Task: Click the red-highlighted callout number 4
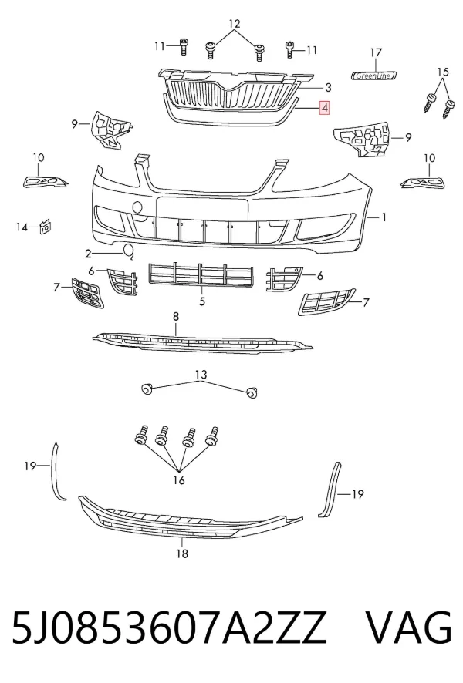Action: (325, 108)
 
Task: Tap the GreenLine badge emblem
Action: (374, 76)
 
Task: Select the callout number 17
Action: (376, 52)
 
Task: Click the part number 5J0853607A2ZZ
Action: (169, 627)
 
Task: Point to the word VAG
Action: (408, 627)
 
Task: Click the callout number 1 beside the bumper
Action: (384, 217)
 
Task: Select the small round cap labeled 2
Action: (129, 251)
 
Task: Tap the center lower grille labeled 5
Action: (202, 275)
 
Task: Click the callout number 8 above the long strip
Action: (176, 317)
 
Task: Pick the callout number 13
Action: (201, 375)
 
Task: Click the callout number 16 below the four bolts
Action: (179, 480)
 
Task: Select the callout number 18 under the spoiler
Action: (182, 553)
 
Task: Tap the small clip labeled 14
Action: (45, 227)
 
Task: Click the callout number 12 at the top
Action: (235, 24)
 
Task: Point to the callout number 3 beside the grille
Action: (328, 88)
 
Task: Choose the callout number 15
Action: (442, 72)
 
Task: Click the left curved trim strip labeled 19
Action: (56, 473)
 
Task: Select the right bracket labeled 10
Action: (422, 183)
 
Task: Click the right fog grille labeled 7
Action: (326, 301)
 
